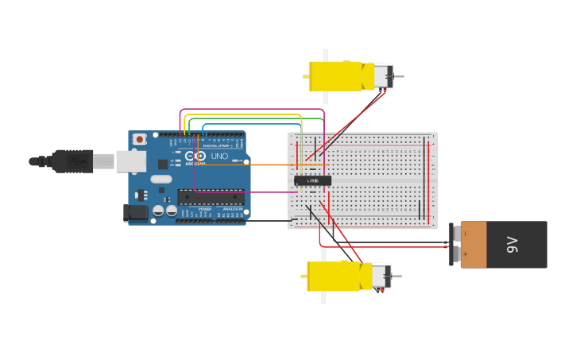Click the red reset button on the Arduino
(x=140, y=139)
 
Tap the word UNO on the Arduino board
(x=218, y=157)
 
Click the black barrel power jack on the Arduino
(x=136, y=212)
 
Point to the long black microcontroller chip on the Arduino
(x=210, y=197)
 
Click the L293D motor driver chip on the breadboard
(x=313, y=180)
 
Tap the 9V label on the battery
(x=512, y=245)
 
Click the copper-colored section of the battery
(x=474, y=245)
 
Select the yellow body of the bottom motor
(x=333, y=277)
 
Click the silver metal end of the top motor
(x=383, y=76)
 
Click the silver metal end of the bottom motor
(x=381, y=277)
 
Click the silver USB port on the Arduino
(x=130, y=161)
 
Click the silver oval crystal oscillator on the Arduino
(x=160, y=179)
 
